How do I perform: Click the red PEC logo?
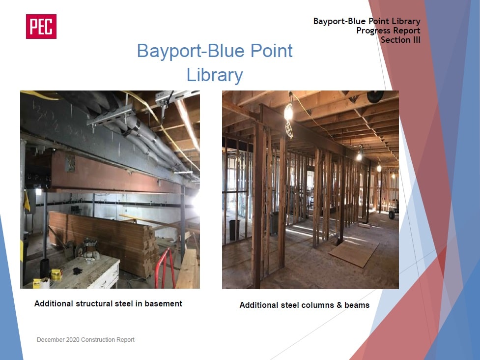tap(41, 27)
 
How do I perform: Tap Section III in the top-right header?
tap(400, 40)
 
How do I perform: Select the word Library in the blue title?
tap(215, 75)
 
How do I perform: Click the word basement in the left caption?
tap(163, 303)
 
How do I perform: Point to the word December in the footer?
tap(51, 340)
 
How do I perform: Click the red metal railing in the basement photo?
tap(165, 268)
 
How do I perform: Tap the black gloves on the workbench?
tap(78, 270)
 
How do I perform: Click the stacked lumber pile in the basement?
tap(103, 240)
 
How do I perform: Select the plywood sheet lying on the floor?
tap(354, 253)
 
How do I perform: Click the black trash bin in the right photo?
tap(234, 230)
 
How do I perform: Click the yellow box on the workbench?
tap(56, 274)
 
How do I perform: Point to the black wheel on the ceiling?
tap(376, 96)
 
